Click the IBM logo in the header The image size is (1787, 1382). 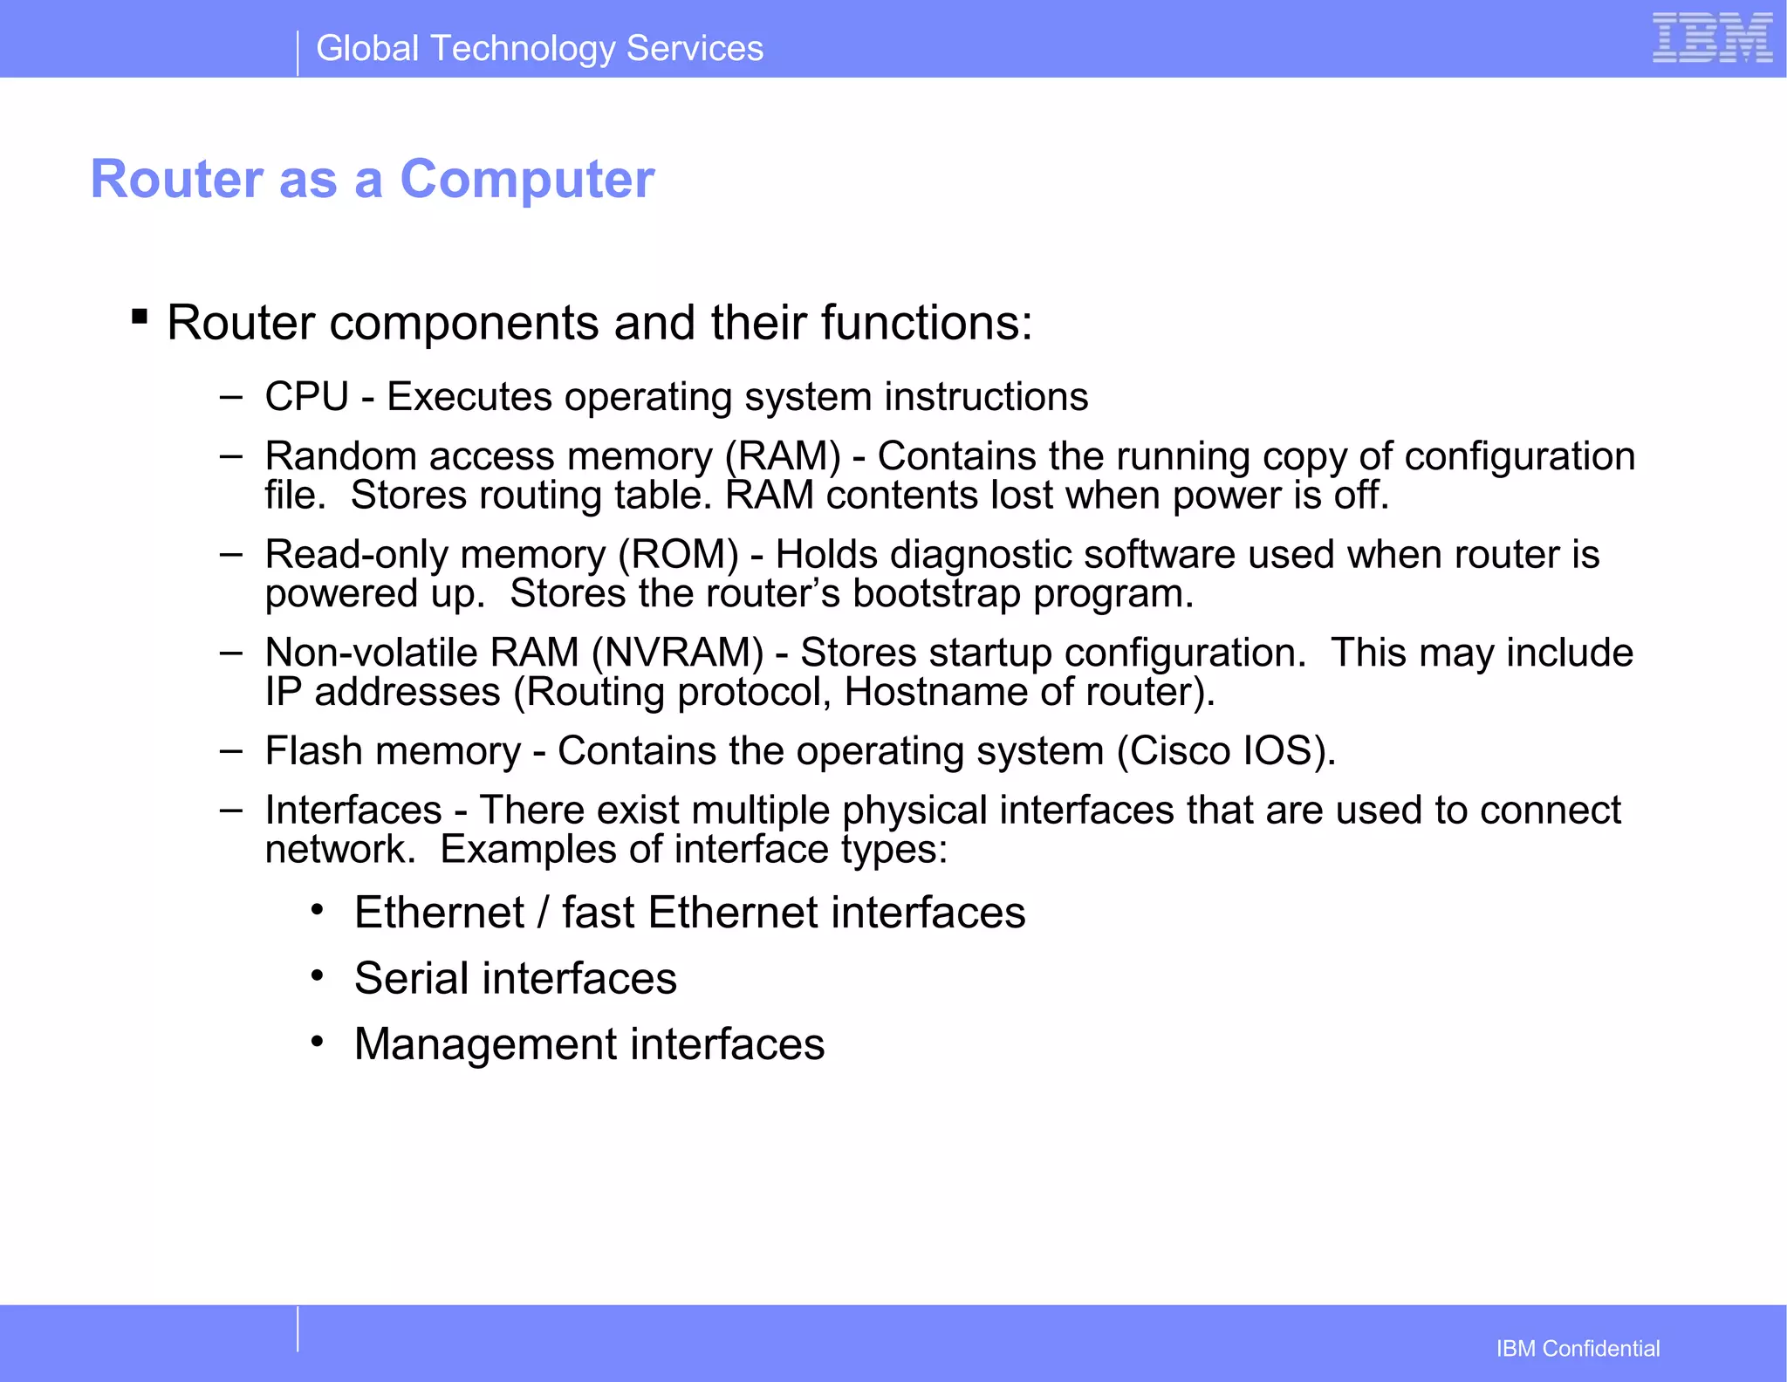(x=1712, y=38)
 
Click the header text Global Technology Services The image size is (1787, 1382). (x=539, y=49)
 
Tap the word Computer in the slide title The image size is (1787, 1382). (x=527, y=180)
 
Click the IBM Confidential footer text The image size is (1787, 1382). (x=1578, y=1349)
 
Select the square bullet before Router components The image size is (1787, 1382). (x=140, y=316)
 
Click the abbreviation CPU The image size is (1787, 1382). (x=306, y=397)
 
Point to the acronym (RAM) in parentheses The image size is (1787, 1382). (x=783, y=456)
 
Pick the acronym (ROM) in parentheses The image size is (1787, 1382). (x=679, y=555)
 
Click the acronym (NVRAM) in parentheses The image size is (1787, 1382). (x=677, y=653)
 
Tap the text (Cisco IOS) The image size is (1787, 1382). (x=1226, y=751)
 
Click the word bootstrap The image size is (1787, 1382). (x=936, y=594)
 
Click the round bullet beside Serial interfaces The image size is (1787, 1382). (x=318, y=975)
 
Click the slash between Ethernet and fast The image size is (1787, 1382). (x=543, y=913)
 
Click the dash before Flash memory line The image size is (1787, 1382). (x=230, y=750)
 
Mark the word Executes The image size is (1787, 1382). (x=469, y=397)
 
